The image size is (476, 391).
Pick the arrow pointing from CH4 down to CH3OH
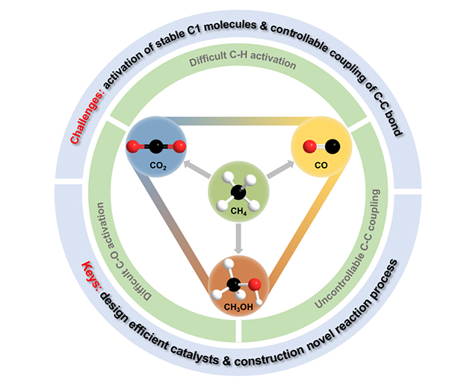[x=238, y=235]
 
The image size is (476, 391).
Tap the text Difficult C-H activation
[x=238, y=65]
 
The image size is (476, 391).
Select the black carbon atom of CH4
[x=238, y=191]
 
